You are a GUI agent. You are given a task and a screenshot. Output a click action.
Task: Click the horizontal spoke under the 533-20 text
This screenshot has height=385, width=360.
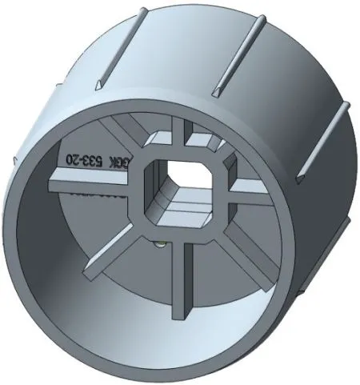88,185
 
